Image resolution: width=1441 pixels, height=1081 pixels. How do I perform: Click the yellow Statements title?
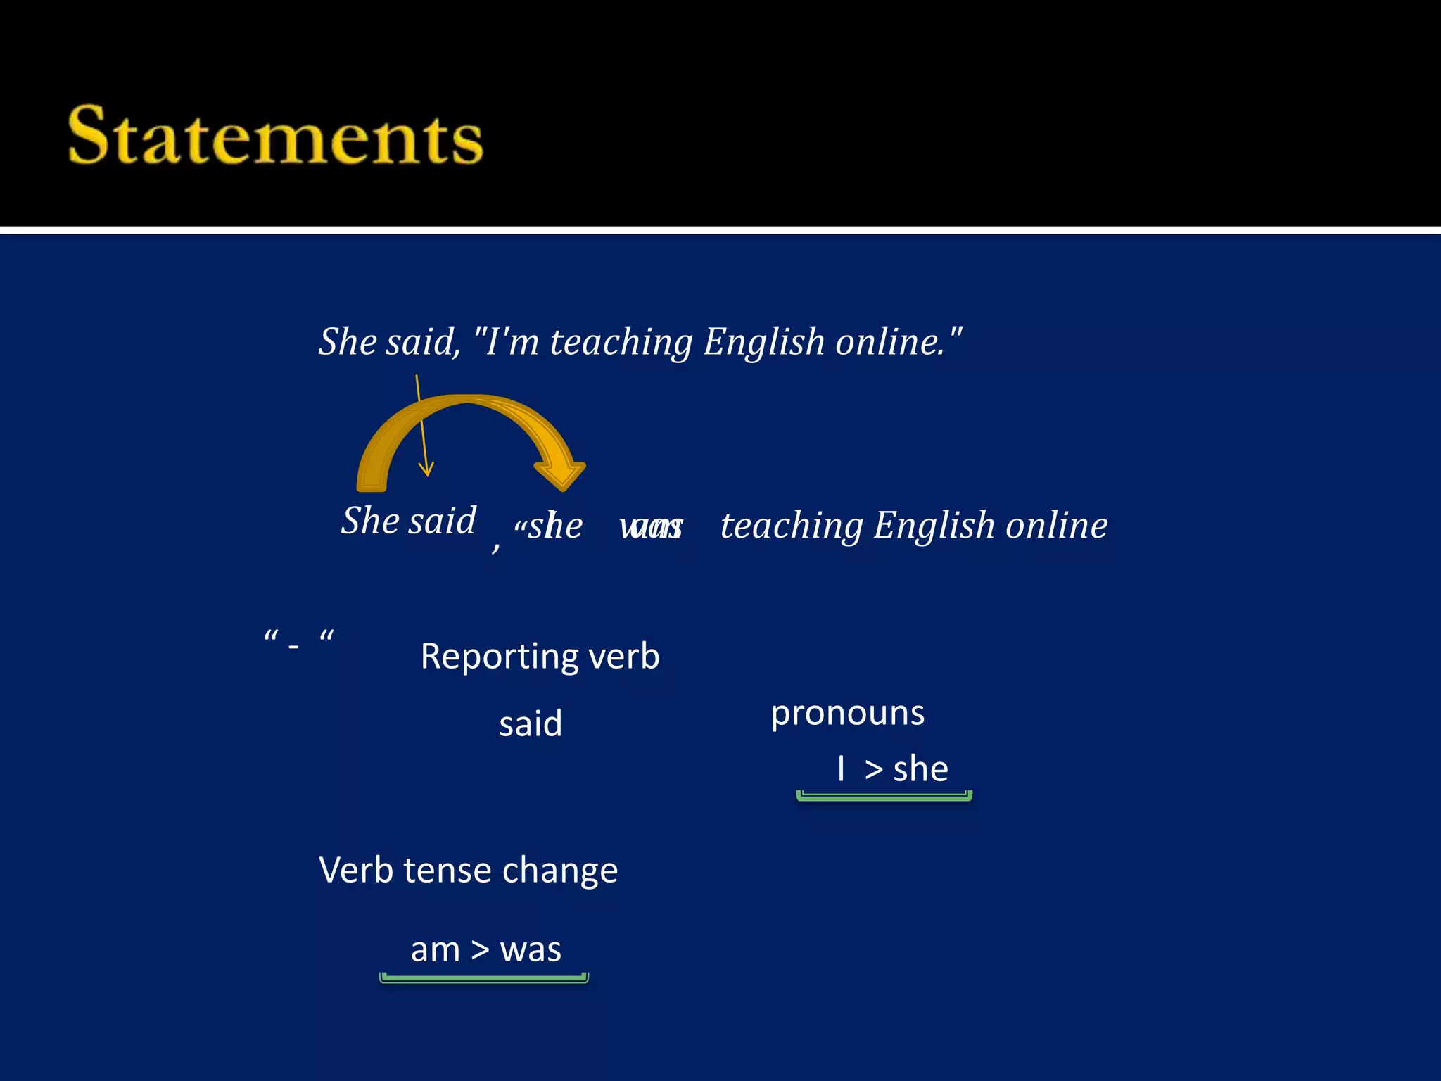(x=276, y=136)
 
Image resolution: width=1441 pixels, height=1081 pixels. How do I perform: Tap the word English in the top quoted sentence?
(x=763, y=343)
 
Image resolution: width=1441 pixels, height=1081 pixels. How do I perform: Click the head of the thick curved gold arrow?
(x=561, y=474)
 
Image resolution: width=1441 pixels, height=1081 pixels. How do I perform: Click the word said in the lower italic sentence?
(x=443, y=521)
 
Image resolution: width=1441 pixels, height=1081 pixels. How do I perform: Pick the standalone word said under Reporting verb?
(x=531, y=724)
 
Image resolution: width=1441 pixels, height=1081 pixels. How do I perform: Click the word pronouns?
(x=847, y=714)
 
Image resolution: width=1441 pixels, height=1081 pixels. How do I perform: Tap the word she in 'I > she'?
(x=920, y=769)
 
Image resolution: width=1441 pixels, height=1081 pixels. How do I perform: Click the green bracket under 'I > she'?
(x=884, y=797)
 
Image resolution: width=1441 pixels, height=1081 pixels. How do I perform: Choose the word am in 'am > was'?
(x=435, y=950)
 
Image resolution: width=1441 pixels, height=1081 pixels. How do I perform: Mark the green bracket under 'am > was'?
(x=484, y=978)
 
